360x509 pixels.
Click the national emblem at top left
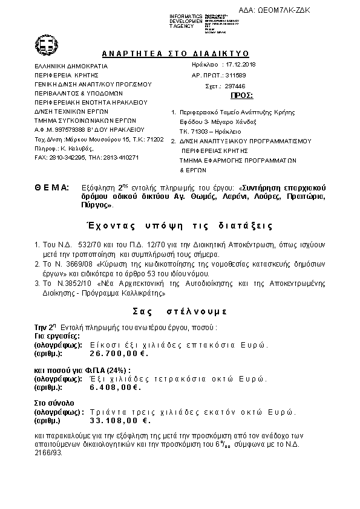coord(46,44)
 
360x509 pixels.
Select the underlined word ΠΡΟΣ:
coord(242,96)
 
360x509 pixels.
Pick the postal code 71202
coord(155,139)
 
